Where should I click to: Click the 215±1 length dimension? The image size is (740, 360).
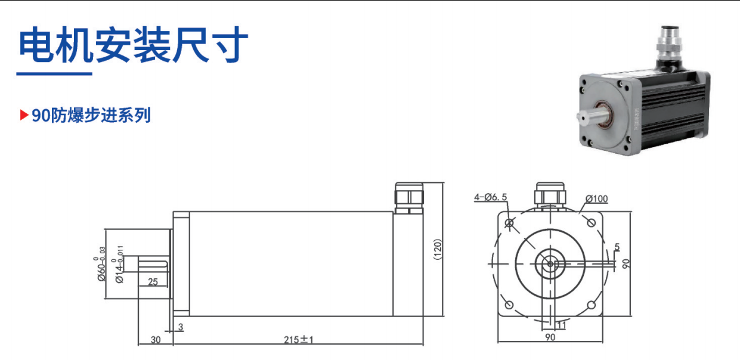click(x=298, y=340)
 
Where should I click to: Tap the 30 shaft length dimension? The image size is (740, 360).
click(x=156, y=340)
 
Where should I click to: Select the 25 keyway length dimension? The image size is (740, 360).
click(x=153, y=282)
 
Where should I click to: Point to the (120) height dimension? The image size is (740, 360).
click(x=438, y=249)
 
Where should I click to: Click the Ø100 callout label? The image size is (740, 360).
click(x=597, y=199)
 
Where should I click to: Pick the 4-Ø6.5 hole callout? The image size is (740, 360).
click(x=491, y=197)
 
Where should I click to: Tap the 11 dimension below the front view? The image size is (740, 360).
click(x=561, y=325)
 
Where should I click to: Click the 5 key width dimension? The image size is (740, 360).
click(x=617, y=247)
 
